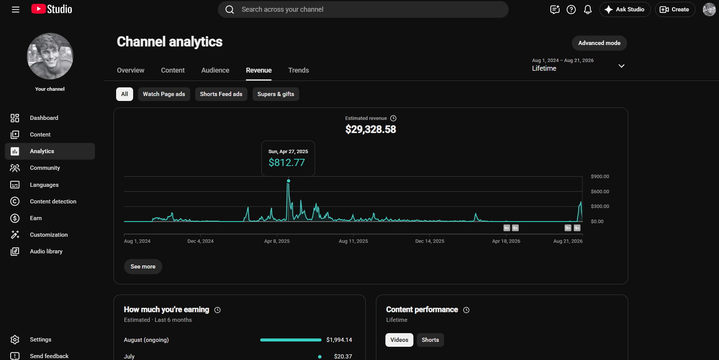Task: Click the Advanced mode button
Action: pyautogui.click(x=599, y=43)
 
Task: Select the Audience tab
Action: pyautogui.click(x=215, y=70)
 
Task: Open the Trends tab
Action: pyautogui.click(x=298, y=70)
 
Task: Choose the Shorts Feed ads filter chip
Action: pyautogui.click(x=221, y=94)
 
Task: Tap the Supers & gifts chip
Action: pyautogui.click(x=276, y=94)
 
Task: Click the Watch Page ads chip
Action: pyautogui.click(x=164, y=94)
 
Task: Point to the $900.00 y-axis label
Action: pyautogui.click(x=600, y=177)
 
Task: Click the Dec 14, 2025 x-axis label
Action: pyautogui.click(x=430, y=241)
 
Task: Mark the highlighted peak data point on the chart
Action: pyautogui.click(x=289, y=181)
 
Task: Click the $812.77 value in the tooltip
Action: pyautogui.click(x=287, y=163)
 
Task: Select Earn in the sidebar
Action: pyautogui.click(x=36, y=218)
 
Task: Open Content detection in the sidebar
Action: pyautogui.click(x=53, y=202)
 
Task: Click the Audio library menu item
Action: pyautogui.click(x=46, y=251)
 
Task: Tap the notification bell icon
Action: pyautogui.click(x=588, y=9)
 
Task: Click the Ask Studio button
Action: pyautogui.click(x=625, y=9)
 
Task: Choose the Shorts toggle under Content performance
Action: pyautogui.click(x=430, y=340)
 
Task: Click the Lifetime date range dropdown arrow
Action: pyautogui.click(x=621, y=66)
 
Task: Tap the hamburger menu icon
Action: pyautogui.click(x=16, y=9)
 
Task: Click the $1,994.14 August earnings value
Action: pyautogui.click(x=339, y=340)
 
